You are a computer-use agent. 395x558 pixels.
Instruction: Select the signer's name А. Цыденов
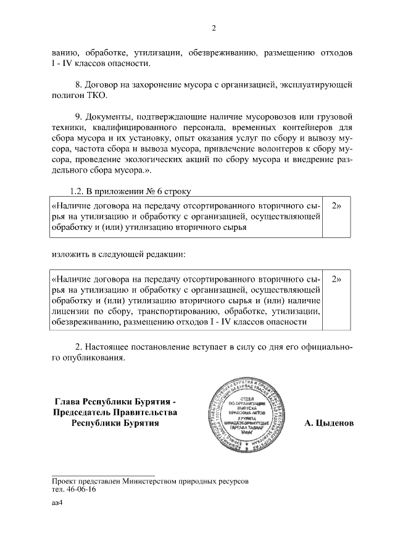(329, 424)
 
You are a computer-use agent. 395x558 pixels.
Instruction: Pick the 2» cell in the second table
(337, 279)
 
